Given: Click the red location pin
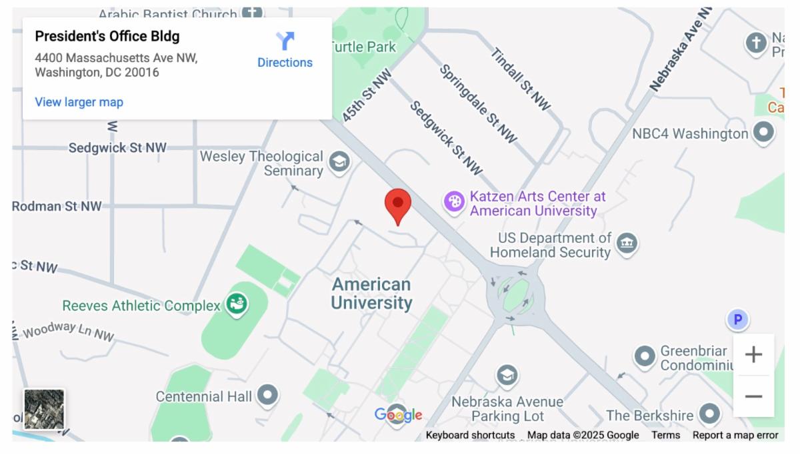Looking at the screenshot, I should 398,203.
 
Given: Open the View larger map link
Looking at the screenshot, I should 79,102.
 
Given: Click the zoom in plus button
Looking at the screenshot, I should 753,354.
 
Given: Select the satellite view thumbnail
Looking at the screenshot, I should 44,409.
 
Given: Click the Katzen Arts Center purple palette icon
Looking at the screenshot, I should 455,201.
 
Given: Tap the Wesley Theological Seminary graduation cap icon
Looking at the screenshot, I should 339,161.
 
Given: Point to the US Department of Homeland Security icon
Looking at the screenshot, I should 627,243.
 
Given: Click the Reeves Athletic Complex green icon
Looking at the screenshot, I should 236,304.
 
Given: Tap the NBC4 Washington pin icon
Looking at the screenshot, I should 763,132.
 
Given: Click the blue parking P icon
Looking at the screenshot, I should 737,320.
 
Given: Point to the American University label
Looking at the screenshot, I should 371,294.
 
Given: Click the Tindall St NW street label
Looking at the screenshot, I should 521,78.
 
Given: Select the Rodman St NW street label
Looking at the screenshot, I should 57,206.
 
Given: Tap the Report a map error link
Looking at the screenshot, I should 735,435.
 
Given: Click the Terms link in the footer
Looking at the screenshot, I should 665,435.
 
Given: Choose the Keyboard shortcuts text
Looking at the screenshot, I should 470,435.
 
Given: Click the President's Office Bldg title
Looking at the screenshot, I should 107,36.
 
